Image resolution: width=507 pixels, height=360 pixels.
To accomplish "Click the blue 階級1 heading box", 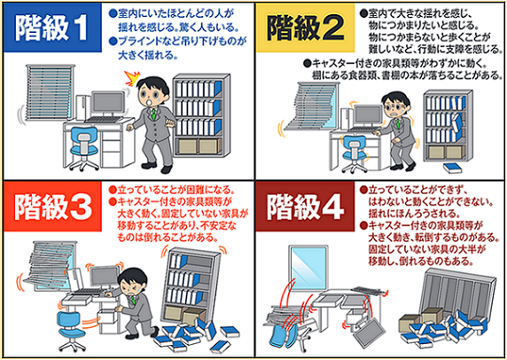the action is [52, 27].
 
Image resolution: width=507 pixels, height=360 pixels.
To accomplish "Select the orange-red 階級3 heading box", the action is [52, 207].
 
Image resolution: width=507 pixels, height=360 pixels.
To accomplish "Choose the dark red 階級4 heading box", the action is [305, 207].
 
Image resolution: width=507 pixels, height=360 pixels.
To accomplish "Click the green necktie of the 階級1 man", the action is [154, 113].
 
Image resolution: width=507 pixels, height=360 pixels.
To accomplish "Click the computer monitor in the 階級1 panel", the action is [107, 104].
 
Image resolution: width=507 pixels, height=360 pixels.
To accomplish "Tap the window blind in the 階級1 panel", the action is [51, 92].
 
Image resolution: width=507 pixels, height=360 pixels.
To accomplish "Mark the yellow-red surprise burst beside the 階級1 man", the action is [132, 79].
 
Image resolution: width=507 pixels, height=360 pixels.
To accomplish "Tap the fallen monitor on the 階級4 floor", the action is [370, 333].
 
